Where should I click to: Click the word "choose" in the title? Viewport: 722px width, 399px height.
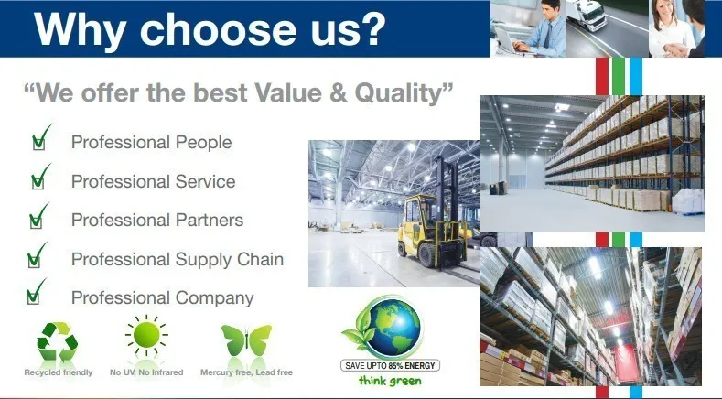coord(219,29)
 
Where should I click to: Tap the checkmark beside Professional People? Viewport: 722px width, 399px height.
coord(41,138)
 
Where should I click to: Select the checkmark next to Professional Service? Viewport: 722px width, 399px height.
coord(40,177)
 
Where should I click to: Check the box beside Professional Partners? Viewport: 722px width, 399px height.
coord(38,216)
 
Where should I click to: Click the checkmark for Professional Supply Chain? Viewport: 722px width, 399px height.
coord(37,254)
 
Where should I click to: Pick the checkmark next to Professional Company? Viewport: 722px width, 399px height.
coord(36,291)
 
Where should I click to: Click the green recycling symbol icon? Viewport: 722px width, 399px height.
coord(58,341)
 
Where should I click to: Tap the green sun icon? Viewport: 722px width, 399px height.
coord(146,335)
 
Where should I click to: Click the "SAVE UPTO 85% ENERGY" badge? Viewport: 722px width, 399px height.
coord(390,365)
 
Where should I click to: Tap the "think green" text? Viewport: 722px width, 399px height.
coord(390,381)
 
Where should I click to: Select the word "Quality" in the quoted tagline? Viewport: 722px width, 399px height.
coord(399,92)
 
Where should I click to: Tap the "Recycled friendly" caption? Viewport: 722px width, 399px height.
coord(59,372)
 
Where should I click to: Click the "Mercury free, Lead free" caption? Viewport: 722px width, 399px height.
coord(246,372)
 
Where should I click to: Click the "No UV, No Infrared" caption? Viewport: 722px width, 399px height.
coord(146,372)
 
